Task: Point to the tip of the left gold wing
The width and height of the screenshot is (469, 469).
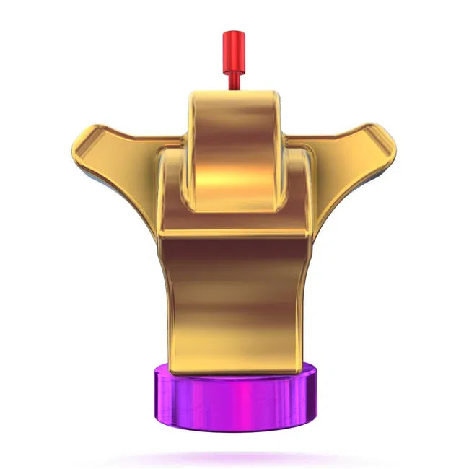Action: pyautogui.click(x=81, y=137)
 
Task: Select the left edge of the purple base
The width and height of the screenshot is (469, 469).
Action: pyautogui.click(x=154, y=397)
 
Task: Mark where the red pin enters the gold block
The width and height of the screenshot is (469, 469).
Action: pyautogui.click(x=232, y=91)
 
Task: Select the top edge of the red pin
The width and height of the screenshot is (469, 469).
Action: pyautogui.click(x=231, y=32)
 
